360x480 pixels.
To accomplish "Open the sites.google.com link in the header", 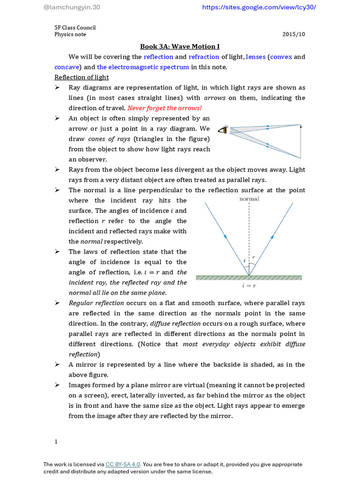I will click(x=259, y=7).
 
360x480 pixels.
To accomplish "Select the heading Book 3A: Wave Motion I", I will click(x=180, y=46).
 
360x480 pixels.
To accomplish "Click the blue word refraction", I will click(x=204, y=57).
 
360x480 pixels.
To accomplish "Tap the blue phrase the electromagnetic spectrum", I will click(x=143, y=67).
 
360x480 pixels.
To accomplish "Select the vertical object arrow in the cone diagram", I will click(x=300, y=141).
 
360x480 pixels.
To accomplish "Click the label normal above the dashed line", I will click(x=249, y=199).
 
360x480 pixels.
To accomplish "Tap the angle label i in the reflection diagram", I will click(x=244, y=260).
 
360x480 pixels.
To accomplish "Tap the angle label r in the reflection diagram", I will click(x=253, y=257).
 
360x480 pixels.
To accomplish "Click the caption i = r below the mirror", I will click(x=249, y=285).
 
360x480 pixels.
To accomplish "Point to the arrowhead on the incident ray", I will click(x=225, y=237).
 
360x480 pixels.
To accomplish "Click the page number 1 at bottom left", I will click(x=56, y=442).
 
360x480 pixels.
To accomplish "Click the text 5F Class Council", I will click(x=75, y=28).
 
